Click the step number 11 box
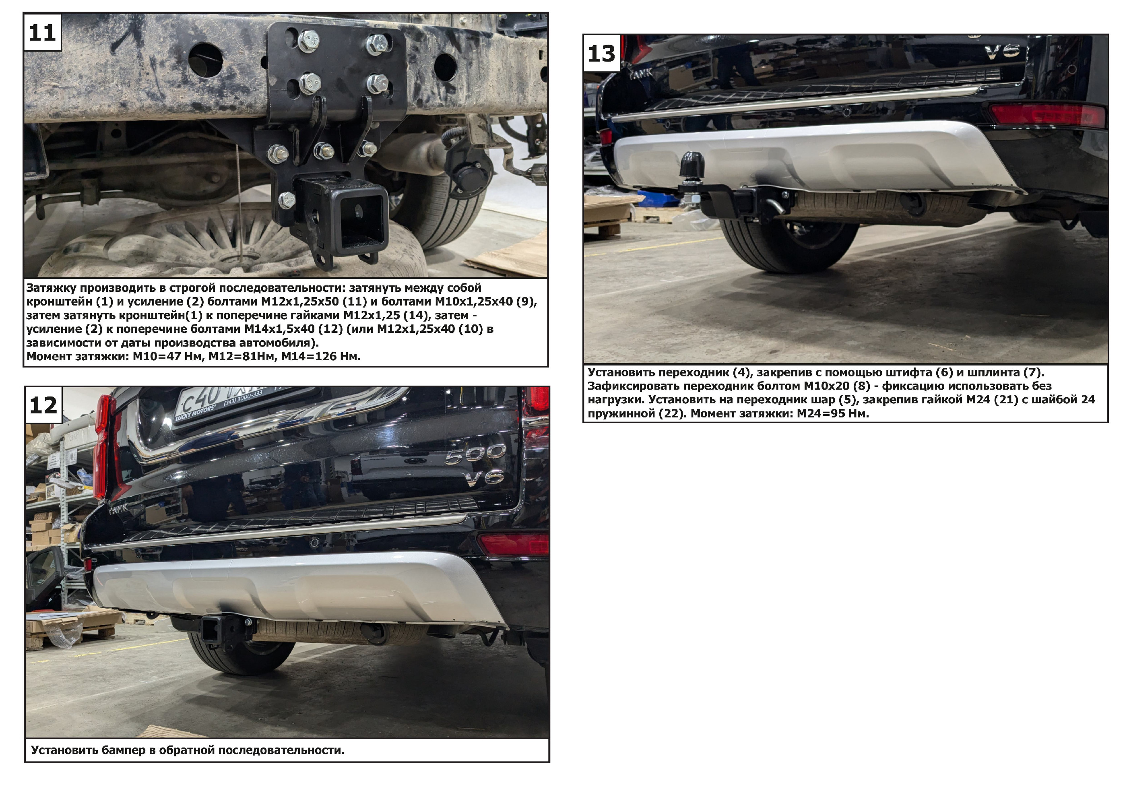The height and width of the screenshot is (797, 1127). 42,32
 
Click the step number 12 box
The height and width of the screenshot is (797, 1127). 43,405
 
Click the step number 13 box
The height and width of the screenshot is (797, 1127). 602,53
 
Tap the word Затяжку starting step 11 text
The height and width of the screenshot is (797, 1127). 51,287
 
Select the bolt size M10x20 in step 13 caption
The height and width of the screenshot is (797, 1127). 827,386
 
